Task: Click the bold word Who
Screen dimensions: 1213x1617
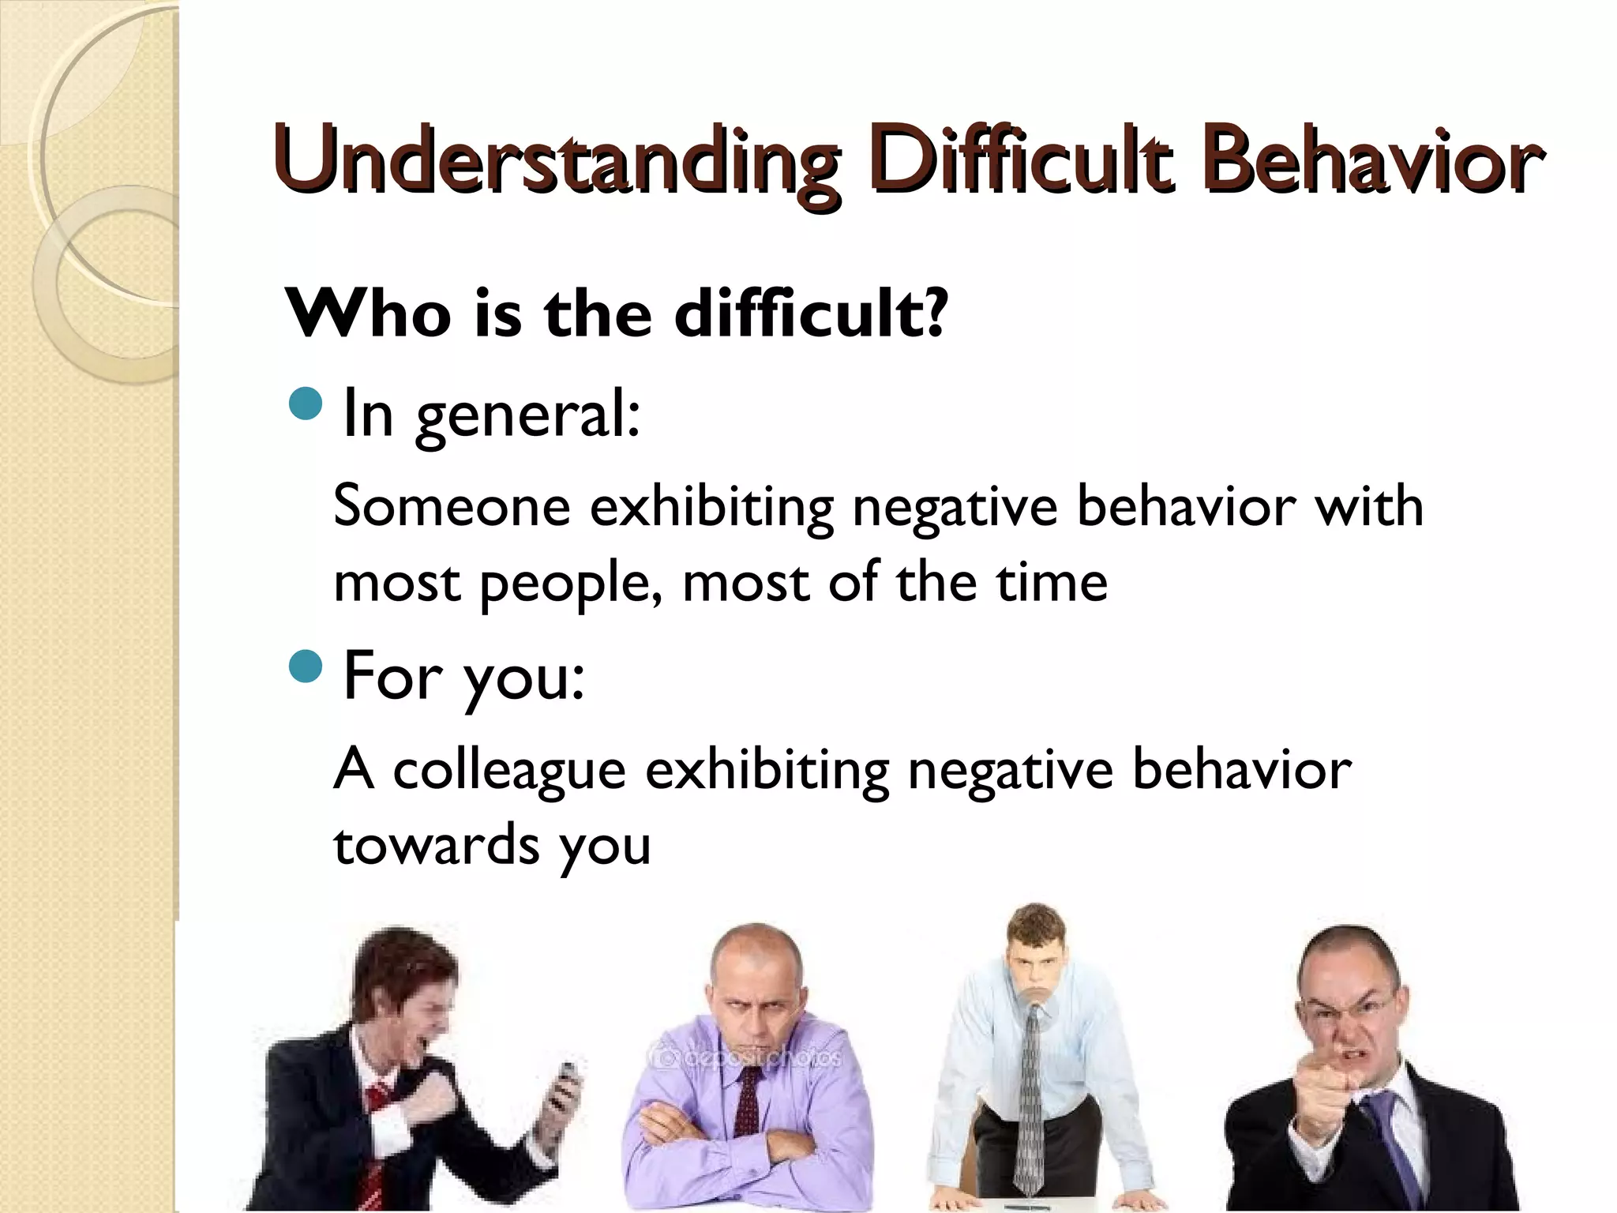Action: pos(368,314)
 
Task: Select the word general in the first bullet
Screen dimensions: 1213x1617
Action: pos(527,415)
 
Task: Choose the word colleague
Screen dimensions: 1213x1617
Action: pos(509,770)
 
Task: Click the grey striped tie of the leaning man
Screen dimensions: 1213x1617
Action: pos(1030,1106)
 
